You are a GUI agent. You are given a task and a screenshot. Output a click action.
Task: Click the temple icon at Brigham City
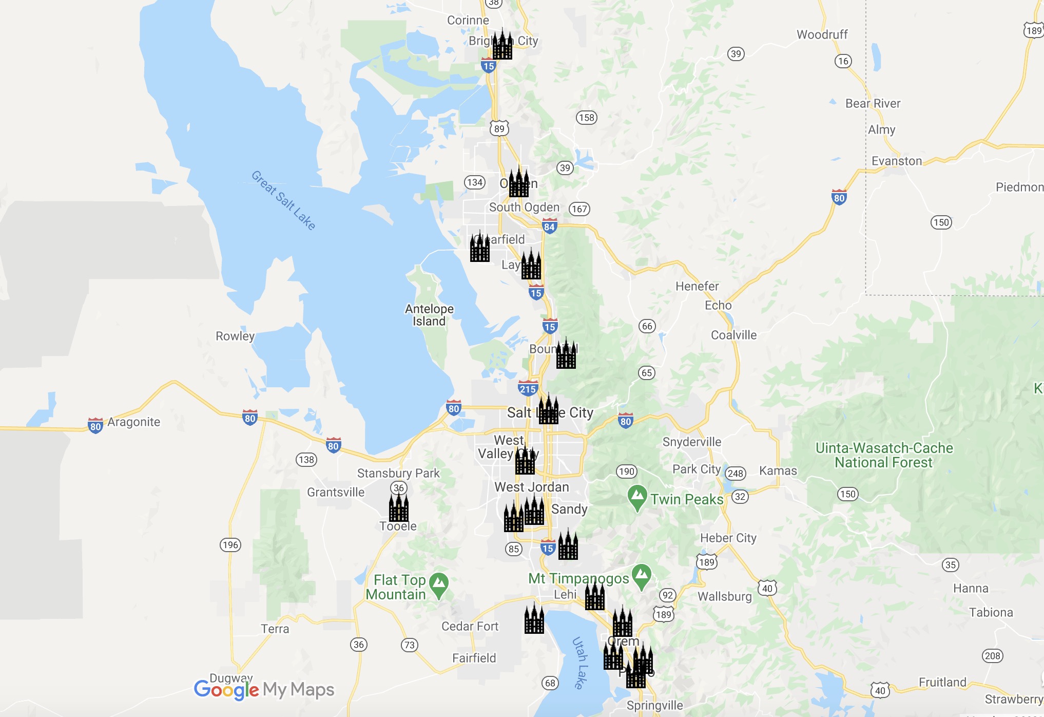tap(502, 45)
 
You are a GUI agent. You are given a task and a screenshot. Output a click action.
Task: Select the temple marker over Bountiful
tap(566, 354)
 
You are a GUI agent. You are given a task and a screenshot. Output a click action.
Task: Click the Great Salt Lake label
tap(283, 200)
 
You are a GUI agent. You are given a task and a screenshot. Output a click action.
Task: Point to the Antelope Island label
tap(429, 315)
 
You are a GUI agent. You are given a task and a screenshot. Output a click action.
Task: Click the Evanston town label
tap(896, 161)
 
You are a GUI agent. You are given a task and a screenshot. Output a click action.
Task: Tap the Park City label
tap(696, 469)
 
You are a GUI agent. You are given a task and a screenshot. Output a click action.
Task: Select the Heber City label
tap(728, 538)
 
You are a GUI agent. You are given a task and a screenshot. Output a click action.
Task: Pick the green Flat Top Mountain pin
tap(439, 585)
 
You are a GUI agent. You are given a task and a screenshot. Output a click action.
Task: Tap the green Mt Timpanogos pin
tap(642, 576)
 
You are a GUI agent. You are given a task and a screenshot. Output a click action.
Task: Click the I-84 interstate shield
tap(549, 226)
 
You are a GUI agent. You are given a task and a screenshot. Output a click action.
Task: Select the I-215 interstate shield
tap(528, 388)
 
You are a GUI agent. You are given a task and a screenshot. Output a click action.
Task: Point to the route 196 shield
tap(230, 545)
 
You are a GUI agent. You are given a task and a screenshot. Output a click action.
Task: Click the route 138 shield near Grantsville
tap(306, 460)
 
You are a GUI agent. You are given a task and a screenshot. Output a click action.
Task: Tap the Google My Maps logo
tap(264, 689)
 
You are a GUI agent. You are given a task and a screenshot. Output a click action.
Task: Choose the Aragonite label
tap(133, 422)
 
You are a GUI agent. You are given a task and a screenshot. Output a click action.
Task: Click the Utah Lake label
tap(579, 663)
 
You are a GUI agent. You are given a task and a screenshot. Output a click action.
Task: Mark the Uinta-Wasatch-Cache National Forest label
tap(884, 455)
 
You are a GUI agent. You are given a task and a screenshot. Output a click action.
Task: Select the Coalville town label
tap(733, 335)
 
